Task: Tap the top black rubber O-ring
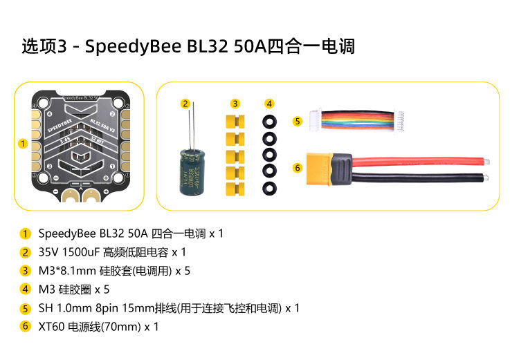click(x=269, y=121)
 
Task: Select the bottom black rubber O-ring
click(x=269, y=188)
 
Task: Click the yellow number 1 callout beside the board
click(x=23, y=144)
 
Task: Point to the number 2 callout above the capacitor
click(x=185, y=104)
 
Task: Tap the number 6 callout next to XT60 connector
click(x=298, y=167)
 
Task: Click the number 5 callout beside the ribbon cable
click(x=298, y=121)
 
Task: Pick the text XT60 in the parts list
click(x=52, y=327)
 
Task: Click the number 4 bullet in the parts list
click(x=26, y=289)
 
